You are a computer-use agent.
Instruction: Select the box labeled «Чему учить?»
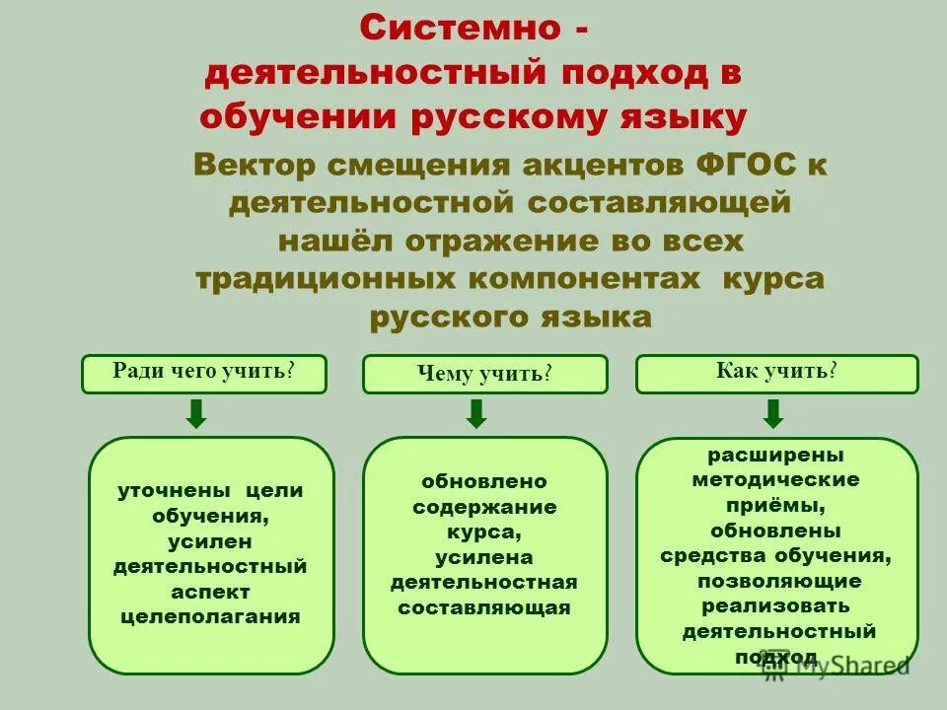tap(484, 374)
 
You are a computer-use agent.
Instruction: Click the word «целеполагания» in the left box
tap(210, 617)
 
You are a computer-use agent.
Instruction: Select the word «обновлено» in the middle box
tap(483, 481)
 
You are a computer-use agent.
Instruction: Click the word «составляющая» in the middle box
tap(483, 607)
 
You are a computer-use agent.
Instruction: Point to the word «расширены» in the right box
tap(775, 455)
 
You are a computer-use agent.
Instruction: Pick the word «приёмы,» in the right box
tap(775, 505)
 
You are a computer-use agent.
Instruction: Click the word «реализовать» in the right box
tap(775, 605)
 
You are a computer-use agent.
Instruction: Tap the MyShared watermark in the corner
tap(838, 667)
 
